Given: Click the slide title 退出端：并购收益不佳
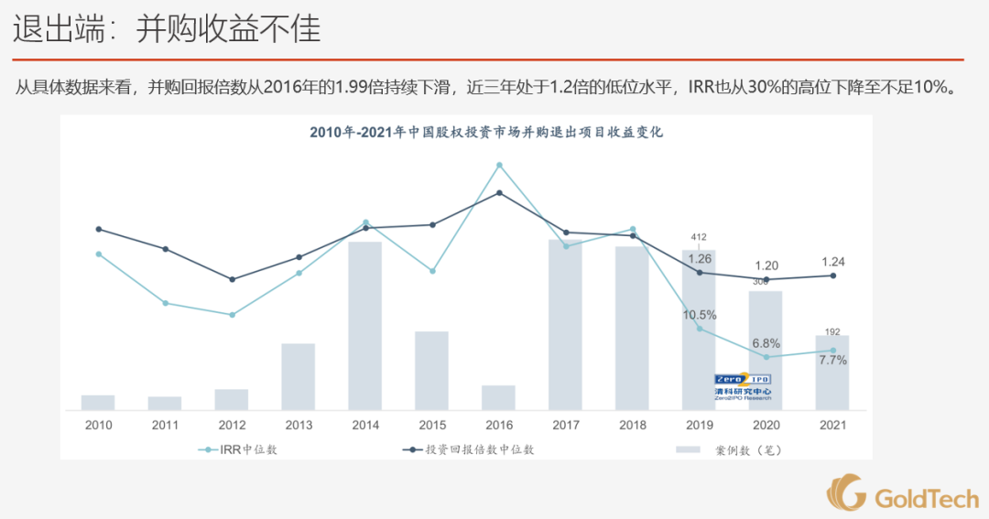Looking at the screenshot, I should tap(167, 29).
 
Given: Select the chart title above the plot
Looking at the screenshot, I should tap(485, 132).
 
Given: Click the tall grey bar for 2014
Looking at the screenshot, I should tap(364, 325).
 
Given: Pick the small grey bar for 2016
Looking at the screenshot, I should tap(498, 397).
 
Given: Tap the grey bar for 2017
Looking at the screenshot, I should tap(565, 324).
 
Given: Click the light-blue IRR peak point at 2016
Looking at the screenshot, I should tap(499, 166).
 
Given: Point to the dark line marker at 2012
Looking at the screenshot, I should tap(232, 279).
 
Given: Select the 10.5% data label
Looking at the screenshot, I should tap(699, 315).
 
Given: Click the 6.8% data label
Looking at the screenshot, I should tap(766, 343).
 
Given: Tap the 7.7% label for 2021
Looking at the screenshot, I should tap(832, 361).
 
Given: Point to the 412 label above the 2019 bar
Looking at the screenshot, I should tap(699, 237).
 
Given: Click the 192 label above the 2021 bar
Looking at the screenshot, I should tap(832, 332).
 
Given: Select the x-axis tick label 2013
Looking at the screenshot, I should tap(299, 426).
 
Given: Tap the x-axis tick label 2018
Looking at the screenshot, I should tap(632, 426).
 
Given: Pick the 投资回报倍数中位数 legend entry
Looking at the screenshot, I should tap(468, 449).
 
